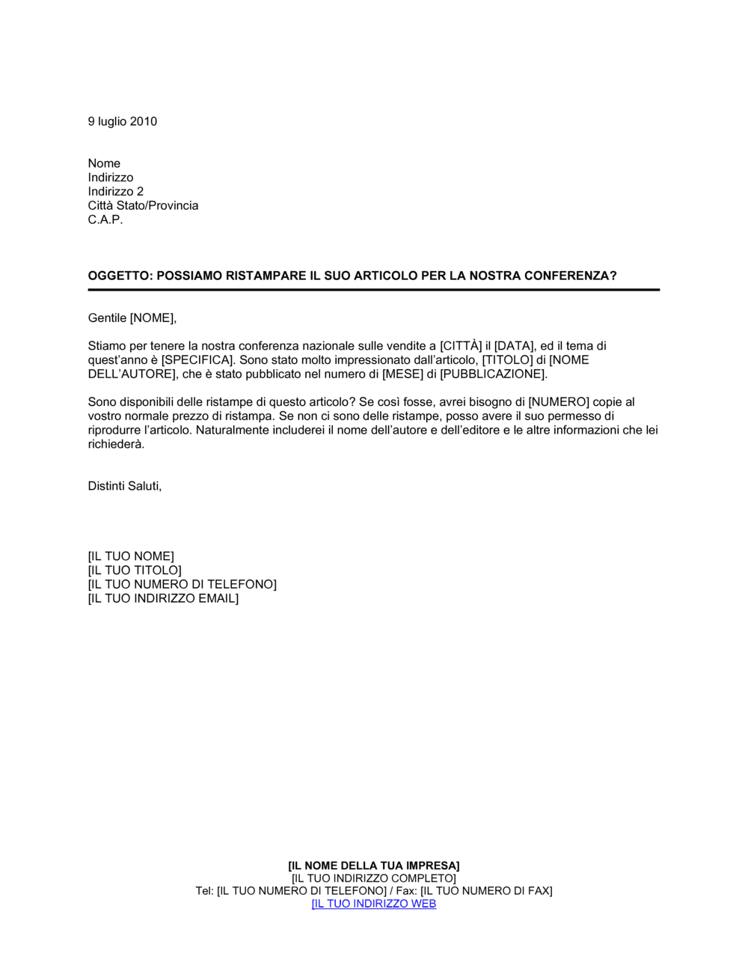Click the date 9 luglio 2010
point(122,121)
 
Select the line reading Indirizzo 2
point(115,192)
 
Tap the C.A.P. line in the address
point(105,219)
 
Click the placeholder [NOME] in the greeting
point(153,318)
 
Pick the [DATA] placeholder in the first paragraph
point(515,346)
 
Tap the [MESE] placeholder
point(403,374)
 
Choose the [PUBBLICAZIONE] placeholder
point(494,374)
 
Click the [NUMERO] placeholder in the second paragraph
point(559,402)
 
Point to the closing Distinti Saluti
point(124,486)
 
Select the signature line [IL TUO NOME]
point(131,556)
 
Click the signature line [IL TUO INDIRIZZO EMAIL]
point(163,598)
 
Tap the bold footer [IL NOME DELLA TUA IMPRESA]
point(373,866)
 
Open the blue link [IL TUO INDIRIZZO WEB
point(373,904)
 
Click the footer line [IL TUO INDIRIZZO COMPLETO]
point(373,878)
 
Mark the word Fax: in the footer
point(406,891)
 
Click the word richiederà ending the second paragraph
point(115,444)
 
